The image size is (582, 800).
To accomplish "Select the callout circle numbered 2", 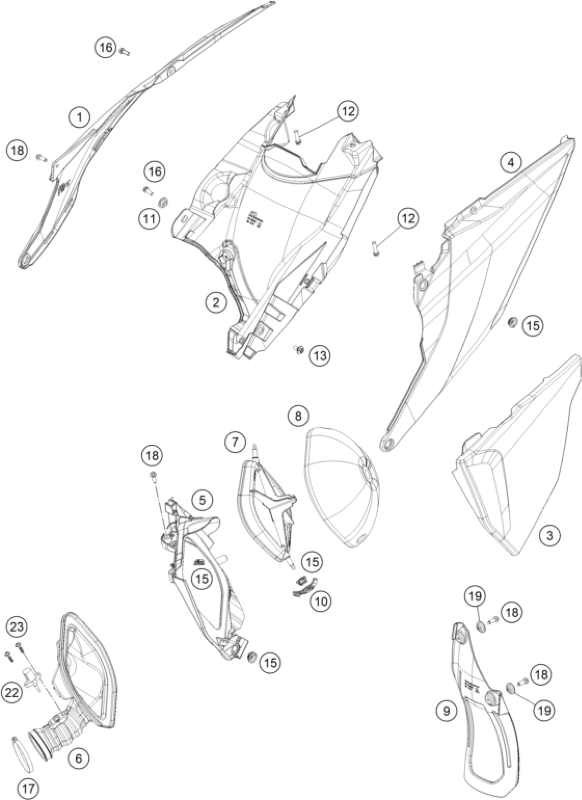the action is (x=216, y=302).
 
